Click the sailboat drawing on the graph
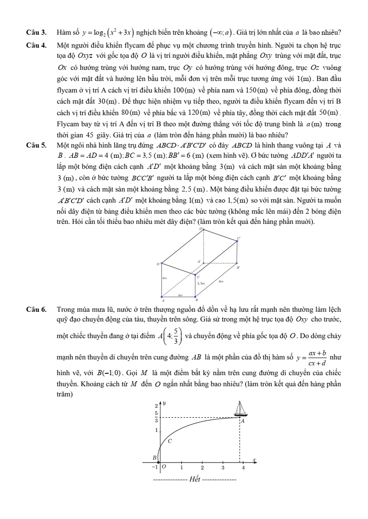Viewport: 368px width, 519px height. tap(241, 409)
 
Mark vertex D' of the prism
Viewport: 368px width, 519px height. tap(201, 229)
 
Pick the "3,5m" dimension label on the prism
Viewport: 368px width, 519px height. tap(201, 282)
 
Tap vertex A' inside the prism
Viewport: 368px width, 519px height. tap(199, 262)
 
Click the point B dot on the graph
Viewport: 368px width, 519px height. tap(159, 462)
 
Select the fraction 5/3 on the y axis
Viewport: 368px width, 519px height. tap(156, 417)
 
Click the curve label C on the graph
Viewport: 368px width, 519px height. tap(170, 441)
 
